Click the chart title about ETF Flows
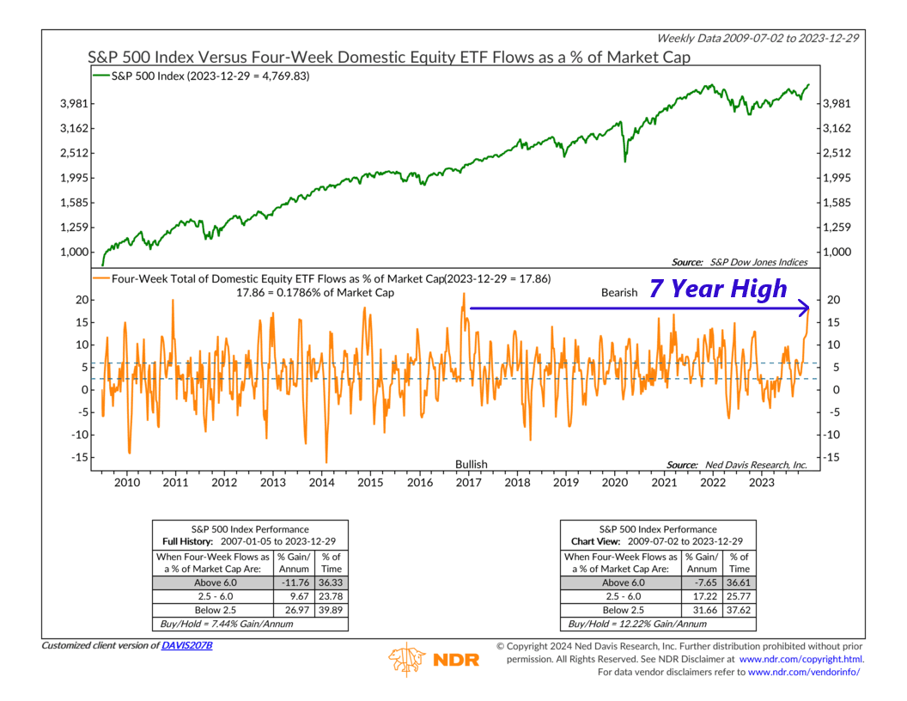coord(388,58)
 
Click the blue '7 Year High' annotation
coord(717,290)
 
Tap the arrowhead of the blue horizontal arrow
coord(805,308)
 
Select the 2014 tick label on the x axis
coord(322,483)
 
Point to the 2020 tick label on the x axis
coord(614,483)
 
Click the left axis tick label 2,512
coord(73,153)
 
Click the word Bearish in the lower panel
coord(619,292)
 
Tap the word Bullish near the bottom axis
coord(471,464)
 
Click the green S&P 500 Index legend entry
coord(206,76)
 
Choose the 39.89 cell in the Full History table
coord(331,609)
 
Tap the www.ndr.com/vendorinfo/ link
coord(804,671)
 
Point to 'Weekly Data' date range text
coord(758,38)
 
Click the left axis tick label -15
coord(79,457)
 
